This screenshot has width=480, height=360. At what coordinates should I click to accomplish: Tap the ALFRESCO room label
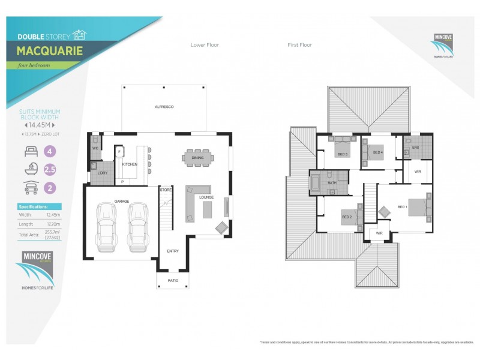tap(164, 107)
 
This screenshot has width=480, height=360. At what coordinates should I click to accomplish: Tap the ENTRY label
tap(173, 251)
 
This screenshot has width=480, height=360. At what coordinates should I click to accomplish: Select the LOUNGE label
tap(206, 197)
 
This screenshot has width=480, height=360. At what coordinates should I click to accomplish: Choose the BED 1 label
tap(402, 207)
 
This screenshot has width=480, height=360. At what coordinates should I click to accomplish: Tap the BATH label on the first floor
tap(331, 183)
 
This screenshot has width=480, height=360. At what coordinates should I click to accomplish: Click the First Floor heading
tap(300, 45)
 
